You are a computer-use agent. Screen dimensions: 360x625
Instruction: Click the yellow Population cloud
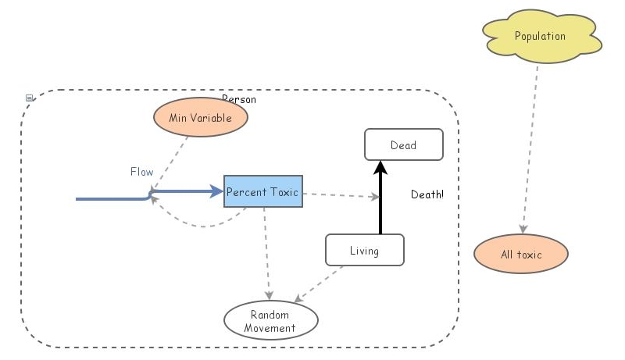click(540, 37)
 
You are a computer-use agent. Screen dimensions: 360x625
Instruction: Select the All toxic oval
click(521, 255)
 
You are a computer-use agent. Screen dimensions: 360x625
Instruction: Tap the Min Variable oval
click(201, 118)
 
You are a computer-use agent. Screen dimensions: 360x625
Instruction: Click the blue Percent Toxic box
click(262, 191)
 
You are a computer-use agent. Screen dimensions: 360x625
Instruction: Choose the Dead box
click(404, 144)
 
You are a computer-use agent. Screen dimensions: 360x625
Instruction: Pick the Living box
click(364, 251)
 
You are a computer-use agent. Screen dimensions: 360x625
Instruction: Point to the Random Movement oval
click(270, 321)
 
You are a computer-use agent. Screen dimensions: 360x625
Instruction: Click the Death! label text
click(427, 194)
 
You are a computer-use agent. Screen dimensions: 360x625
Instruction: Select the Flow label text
click(142, 172)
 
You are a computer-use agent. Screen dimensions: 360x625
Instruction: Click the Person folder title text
click(239, 99)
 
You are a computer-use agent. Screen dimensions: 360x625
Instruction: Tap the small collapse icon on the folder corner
click(30, 98)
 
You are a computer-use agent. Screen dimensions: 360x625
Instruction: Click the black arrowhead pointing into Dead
click(380, 166)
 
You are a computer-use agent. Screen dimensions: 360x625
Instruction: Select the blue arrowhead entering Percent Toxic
click(216, 191)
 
